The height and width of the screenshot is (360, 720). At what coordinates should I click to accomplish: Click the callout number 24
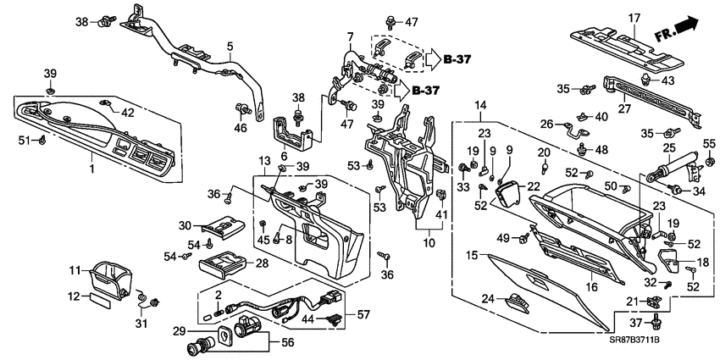click(489, 297)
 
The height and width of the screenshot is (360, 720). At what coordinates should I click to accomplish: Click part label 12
click(74, 296)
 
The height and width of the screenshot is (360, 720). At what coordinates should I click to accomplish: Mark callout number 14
click(480, 104)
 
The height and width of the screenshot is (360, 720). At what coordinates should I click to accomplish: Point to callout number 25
click(669, 149)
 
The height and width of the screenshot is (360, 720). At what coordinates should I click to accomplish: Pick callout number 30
click(186, 225)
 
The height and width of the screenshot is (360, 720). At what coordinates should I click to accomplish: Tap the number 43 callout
click(667, 80)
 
